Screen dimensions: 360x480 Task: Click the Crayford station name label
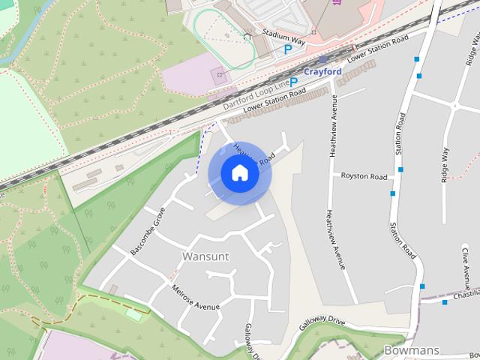(323, 71)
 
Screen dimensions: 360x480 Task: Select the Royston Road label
(364, 176)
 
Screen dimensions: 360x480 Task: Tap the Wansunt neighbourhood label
(205, 256)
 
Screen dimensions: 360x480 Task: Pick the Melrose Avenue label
(196, 298)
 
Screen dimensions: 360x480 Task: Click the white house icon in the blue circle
(239, 173)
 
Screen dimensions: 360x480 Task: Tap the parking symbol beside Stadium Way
(288, 49)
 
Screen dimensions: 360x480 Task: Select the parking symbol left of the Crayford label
(294, 82)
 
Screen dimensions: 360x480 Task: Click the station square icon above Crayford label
(322, 58)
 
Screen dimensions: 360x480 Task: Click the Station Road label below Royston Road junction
(403, 239)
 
